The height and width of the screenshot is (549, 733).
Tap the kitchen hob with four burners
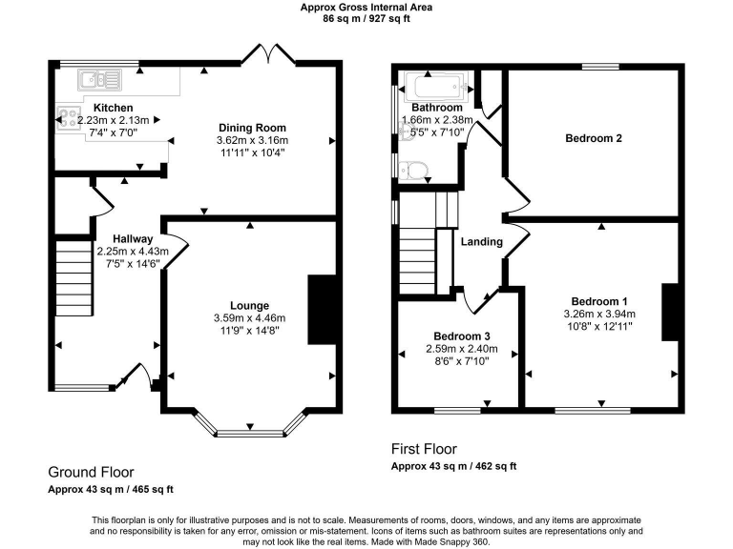click(x=69, y=118)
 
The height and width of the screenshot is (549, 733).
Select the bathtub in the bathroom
click(x=435, y=89)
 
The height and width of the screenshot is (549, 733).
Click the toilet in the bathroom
click(x=413, y=170)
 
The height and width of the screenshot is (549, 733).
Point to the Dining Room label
click(x=252, y=128)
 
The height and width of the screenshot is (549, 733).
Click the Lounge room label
click(x=248, y=305)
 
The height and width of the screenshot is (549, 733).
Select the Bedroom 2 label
click(x=594, y=138)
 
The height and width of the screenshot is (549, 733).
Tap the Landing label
click(x=481, y=242)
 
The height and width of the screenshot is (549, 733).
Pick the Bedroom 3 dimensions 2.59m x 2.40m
click(x=461, y=350)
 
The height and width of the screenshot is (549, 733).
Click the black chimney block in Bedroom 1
click(x=670, y=311)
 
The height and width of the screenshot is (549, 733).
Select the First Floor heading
click(x=424, y=449)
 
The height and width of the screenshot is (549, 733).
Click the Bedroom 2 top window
click(x=599, y=66)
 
